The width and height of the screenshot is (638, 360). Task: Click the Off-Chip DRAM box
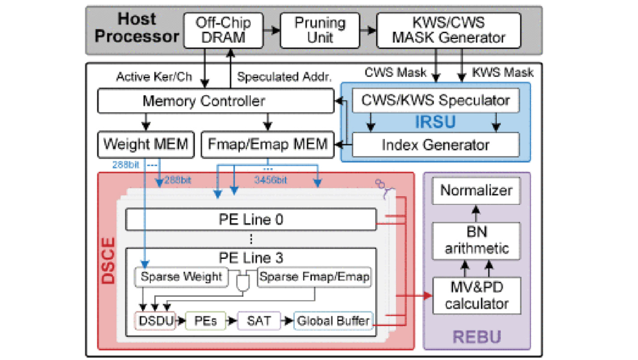(223, 30)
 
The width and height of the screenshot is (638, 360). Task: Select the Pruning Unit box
(320, 30)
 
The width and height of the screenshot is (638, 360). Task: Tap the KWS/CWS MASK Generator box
(449, 30)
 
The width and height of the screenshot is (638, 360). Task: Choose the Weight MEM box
(145, 144)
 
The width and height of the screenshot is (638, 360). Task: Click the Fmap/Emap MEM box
(268, 144)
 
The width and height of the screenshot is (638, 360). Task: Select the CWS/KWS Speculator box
(435, 100)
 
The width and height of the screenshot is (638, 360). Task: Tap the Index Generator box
(435, 144)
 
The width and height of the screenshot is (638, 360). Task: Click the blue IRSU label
(435, 122)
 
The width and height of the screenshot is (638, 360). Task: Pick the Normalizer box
(476, 191)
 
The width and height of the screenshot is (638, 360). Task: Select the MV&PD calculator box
(476, 296)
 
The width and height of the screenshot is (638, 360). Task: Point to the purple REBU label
(476, 337)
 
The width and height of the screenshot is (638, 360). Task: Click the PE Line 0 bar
(251, 220)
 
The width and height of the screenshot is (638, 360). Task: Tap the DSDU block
(156, 321)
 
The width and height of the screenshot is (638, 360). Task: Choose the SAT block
(259, 321)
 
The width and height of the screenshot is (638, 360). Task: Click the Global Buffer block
(333, 321)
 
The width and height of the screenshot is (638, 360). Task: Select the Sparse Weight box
(181, 277)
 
